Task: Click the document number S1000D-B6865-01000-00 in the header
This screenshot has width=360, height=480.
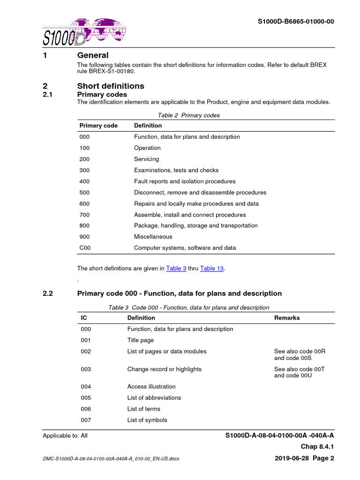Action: click(296, 22)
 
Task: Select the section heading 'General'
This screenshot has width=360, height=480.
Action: click(92, 55)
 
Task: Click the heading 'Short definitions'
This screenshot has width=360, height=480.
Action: click(111, 86)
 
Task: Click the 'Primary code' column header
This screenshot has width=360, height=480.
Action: click(98, 126)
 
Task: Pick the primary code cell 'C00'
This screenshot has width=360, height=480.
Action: click(85, 248)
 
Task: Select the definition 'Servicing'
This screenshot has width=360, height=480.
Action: click(146, 159)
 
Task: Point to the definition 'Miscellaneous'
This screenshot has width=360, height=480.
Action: click(153, 237)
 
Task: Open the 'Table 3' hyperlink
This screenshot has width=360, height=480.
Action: click(176, 269)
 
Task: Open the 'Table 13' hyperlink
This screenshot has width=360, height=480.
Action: click(212, 269)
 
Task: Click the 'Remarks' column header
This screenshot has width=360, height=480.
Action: click(287, 318)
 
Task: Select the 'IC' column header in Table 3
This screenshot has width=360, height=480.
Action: click(84, 318)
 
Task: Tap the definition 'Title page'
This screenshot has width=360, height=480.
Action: click(140, 340)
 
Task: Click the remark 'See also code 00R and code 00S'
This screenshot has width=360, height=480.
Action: click(299, 354)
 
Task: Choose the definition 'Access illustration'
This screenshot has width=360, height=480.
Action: click(151, 387)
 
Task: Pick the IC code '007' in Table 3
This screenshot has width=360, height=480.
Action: click(85, 420)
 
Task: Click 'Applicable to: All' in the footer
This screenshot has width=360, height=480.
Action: click(65, 435)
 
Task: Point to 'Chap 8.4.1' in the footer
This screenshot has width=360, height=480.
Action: click(317, 447)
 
